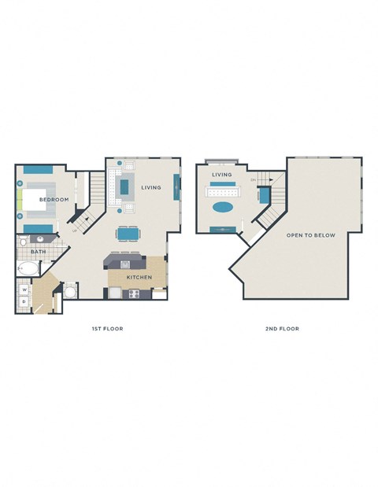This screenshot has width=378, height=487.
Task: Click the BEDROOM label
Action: click(x=54, y=200)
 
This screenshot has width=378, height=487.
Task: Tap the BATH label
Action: click(x=38, y=252)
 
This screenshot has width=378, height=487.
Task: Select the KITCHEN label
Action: click(x=139, y=278)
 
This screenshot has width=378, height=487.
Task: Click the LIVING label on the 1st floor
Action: click(x=152, y=188)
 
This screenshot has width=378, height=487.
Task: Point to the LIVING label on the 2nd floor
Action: click(x=222, y=175)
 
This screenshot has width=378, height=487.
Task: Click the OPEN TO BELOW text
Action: click(x=311, y=235)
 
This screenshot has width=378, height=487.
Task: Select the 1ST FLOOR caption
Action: click(x=107, y=328)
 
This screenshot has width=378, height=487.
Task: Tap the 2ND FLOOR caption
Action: click(x=282, y=328)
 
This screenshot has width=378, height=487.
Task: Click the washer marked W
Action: click(x=24, y=289)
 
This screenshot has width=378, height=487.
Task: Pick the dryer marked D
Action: click(x=24, y=301)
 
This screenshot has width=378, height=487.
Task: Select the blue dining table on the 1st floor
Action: click(x=128, y=234)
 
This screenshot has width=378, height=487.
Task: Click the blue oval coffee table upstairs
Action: click(x=223, y=208)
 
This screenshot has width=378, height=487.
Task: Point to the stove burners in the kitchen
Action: click(x=134, y=293)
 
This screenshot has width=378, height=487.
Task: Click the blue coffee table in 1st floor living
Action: click(x=124, y=187)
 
